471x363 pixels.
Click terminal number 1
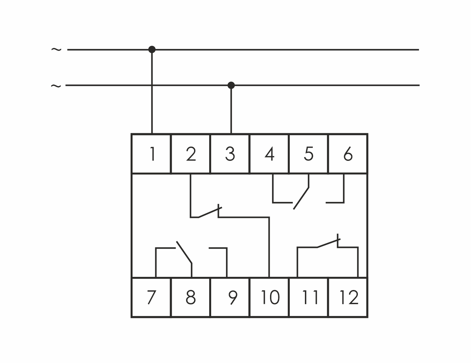(x=151, y=154)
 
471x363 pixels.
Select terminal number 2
(x=191, y=154)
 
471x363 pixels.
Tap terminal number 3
(x=230, y=154)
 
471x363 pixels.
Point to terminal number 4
(x=269, y=154)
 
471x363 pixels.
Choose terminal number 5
(x=309, y=154)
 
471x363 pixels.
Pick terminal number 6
(x=348, y=154)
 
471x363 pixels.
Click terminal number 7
(x=151, y=297)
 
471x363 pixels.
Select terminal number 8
(x=191, y=297)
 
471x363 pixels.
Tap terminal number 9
(x=232, y=297)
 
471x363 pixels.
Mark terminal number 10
(x=269, y=297)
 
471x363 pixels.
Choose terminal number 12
(x=349, y=297)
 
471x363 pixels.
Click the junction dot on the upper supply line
(x=152, y=50)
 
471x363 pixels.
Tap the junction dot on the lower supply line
(x=231, y=85)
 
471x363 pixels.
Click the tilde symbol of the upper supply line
(x=56, y=50)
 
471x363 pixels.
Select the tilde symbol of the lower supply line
(x=56, y=86)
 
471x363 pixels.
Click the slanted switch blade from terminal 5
(x=301, y=198)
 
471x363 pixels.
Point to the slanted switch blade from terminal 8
(x=184, y=253)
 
